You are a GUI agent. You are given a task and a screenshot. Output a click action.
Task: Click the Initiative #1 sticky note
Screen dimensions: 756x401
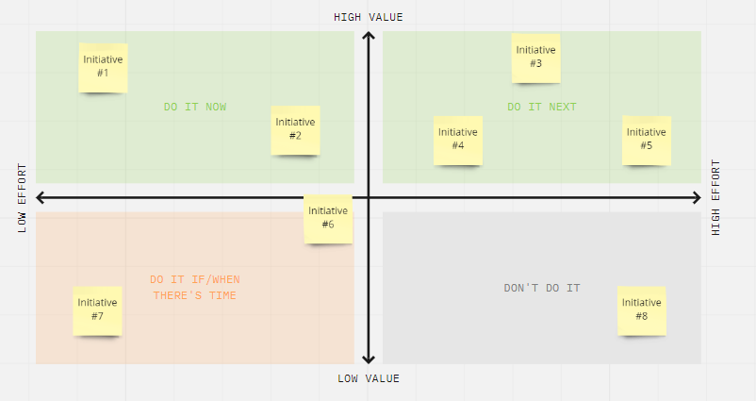point(103,68)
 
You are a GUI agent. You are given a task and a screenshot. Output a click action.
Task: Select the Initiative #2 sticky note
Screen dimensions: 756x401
point(296,130)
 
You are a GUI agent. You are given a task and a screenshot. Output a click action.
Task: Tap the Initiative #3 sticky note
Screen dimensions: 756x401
point(536,58)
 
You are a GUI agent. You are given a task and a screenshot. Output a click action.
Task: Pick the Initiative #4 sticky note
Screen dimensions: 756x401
point(458,141)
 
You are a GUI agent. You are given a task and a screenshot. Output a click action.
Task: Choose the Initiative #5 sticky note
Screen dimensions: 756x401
point(647,141)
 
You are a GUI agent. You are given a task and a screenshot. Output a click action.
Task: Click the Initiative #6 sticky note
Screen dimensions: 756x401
point(328,219)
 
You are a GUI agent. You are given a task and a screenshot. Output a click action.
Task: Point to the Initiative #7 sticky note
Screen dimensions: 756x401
point(97,310)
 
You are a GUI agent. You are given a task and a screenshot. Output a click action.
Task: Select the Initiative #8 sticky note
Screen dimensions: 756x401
point(642,310)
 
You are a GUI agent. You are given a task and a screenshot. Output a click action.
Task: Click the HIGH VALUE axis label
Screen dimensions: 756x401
point(369,17)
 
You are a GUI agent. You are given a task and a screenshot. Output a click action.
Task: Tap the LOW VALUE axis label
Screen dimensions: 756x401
point(369,378)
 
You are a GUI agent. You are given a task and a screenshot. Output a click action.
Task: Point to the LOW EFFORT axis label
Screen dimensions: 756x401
point(23,198)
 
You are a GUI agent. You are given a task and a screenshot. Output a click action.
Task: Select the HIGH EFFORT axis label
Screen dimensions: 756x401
point(716,198)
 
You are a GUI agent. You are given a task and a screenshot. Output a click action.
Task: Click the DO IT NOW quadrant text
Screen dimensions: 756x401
point(195,108)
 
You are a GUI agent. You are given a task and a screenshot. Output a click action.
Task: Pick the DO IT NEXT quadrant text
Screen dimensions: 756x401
point(542,108)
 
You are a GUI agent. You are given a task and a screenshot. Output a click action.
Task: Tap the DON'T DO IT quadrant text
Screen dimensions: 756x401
point(542,288)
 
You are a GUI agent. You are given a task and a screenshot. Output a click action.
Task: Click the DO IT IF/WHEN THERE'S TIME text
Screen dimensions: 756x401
point(195,288)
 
